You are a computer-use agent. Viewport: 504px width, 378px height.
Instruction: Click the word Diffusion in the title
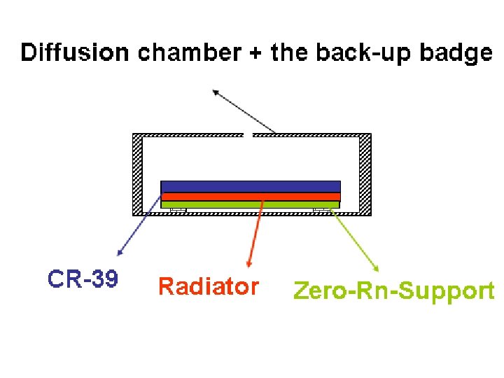75,52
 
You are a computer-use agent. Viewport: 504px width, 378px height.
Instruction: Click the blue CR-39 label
83,279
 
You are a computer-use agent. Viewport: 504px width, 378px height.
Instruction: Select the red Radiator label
209,286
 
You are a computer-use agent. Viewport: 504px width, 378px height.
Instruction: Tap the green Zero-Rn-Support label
393,290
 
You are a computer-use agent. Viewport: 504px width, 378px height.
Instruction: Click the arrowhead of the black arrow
216,91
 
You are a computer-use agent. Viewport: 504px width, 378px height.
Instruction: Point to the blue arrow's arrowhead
119,251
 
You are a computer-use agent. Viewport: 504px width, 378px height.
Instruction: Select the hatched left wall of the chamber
137,175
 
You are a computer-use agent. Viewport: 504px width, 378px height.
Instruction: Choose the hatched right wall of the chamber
365,175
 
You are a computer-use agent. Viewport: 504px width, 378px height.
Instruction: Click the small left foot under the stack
178,210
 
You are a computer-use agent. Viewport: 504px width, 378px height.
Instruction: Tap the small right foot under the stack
322,210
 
